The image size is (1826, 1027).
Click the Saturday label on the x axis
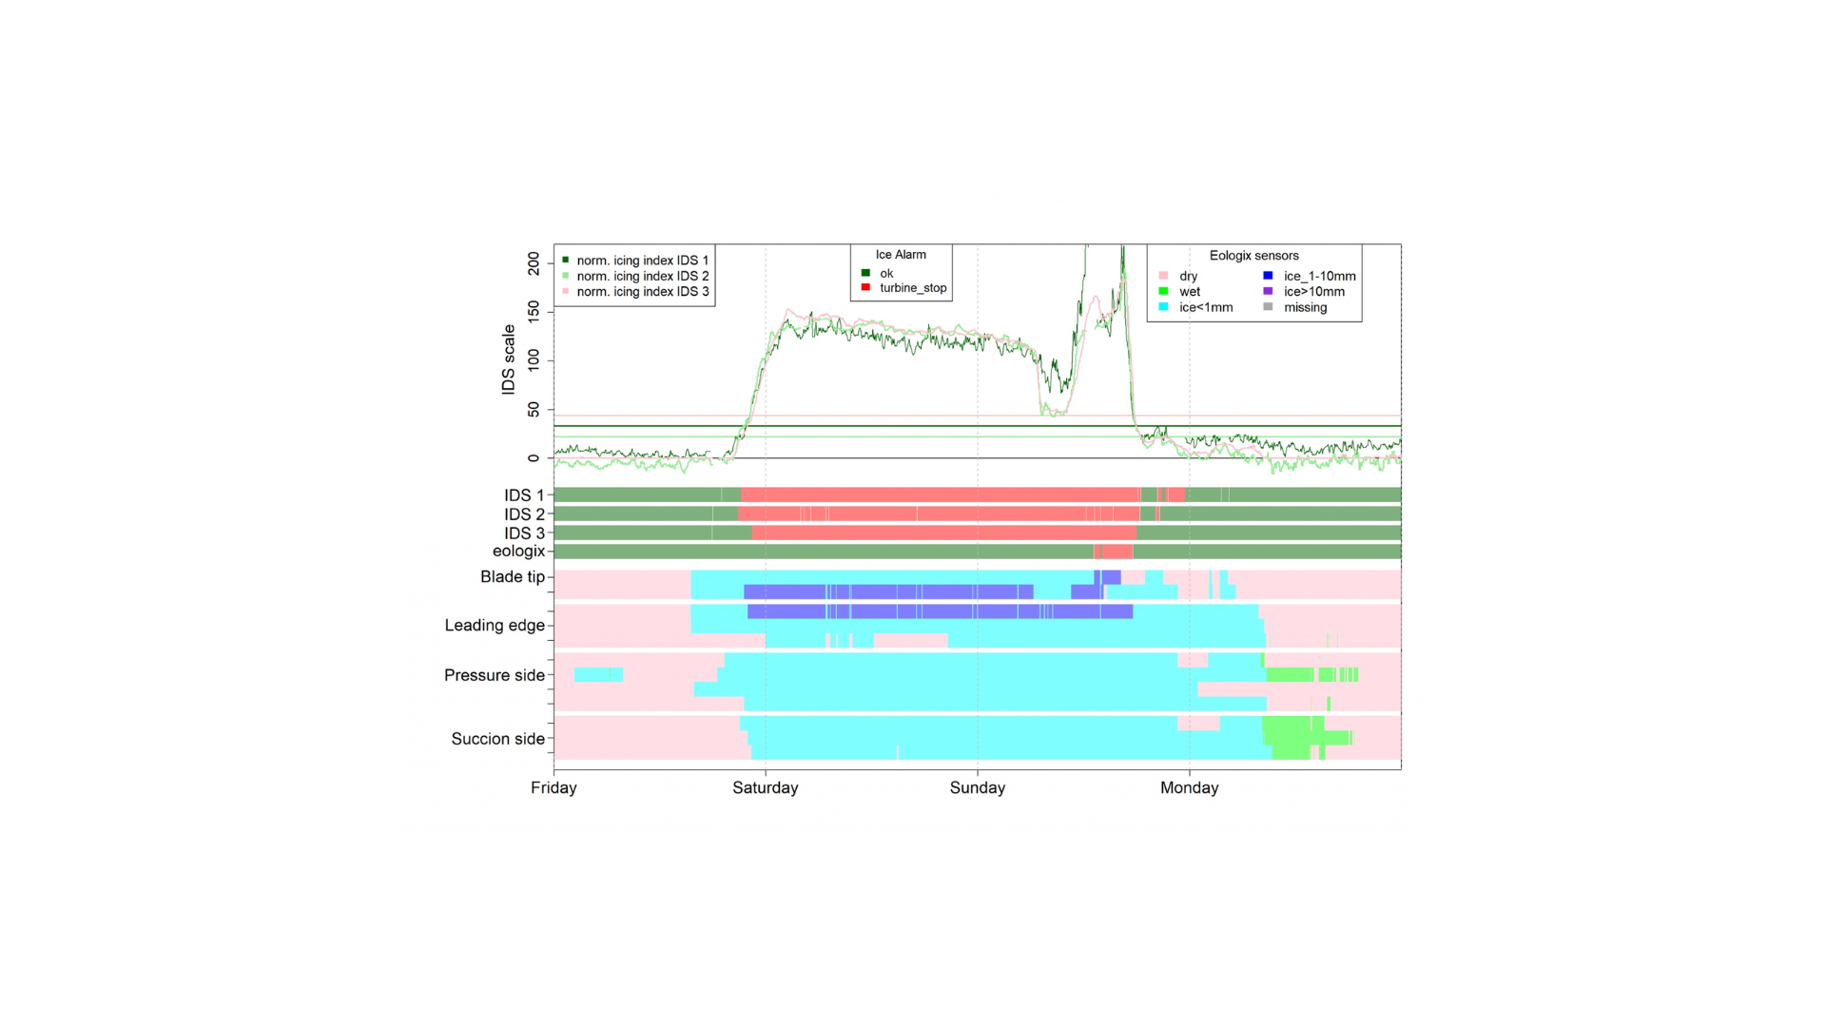tap(765, 787)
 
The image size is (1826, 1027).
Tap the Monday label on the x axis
tap(1189, 787)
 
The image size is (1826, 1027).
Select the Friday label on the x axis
tap(554, 787)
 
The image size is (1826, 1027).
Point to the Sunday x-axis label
tap(977, 787)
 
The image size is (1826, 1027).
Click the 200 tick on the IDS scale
tap(534, 263)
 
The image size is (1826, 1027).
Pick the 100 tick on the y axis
tap(534, 359)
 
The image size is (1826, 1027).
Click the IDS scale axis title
tap(509, 359)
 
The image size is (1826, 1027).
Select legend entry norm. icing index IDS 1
tap(642, 261)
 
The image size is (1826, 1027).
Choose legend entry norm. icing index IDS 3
tap(642, 292)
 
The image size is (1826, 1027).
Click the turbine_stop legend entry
tap(912, 288)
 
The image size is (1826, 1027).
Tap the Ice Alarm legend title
tap(901, 255)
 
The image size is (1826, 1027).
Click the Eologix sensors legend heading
tap(1253, 256)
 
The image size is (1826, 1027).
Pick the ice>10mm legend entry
tap(1313, 292)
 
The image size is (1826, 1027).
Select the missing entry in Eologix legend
tap(1305, 307)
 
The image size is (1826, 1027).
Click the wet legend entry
tap(1190, 292)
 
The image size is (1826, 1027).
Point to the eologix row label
tap(518, 552)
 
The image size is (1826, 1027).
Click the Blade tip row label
tap(512, 577)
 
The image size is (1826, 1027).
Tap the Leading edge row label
tap(495, 626)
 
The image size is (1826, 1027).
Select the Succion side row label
tap(497, 739)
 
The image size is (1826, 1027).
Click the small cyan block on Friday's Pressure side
tap(598, 674)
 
